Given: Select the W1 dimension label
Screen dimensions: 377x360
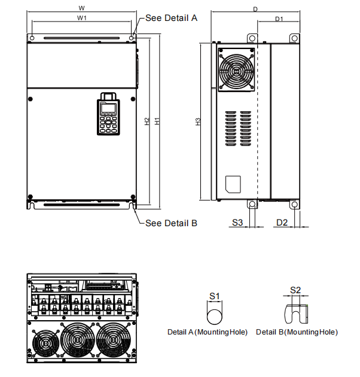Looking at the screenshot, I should tap(82, 18).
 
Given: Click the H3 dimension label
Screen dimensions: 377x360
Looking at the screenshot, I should tap(198, 122).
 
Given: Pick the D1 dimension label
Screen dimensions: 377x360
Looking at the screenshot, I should tap(279, 19).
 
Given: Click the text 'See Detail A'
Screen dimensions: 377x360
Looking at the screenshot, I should tap(171, 18).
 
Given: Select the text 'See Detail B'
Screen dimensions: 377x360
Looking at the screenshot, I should tap(171, 223).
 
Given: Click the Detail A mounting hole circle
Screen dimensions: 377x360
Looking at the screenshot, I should tap(214, 315).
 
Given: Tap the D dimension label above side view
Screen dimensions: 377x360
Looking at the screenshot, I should tap(255, 9).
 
